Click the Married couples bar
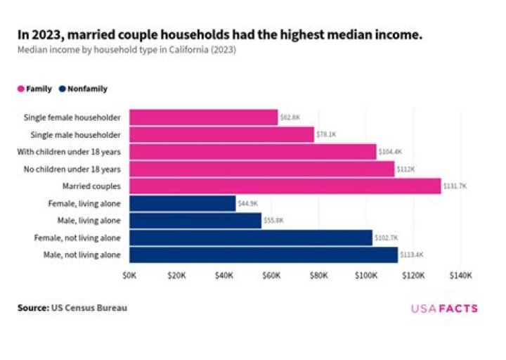pyautogui.click(x=285, y=186)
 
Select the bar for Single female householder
pyautogui.click(x=204, y=117)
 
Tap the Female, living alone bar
pyautogui.click(x=183, y=203)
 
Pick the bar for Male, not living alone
pyautogui.click(x=264, y=255)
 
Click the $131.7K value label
pyautogui.click(x=455, y=186)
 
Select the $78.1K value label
pyautogui.click(x=326, y=134)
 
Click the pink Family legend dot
pyautogui.click(x=21, y=89)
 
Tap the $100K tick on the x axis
pyautogui.click(x=366, y=276)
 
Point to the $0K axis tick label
pyautogui.click(x=130, y=276)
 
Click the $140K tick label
pyautogui.click(x=460, y=276)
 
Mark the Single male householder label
pyautogui.click(x=76, y=134)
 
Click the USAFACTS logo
pyautogui.click(x=444, y=309)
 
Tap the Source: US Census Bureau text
pyautogui.click(x=72, y=308)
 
